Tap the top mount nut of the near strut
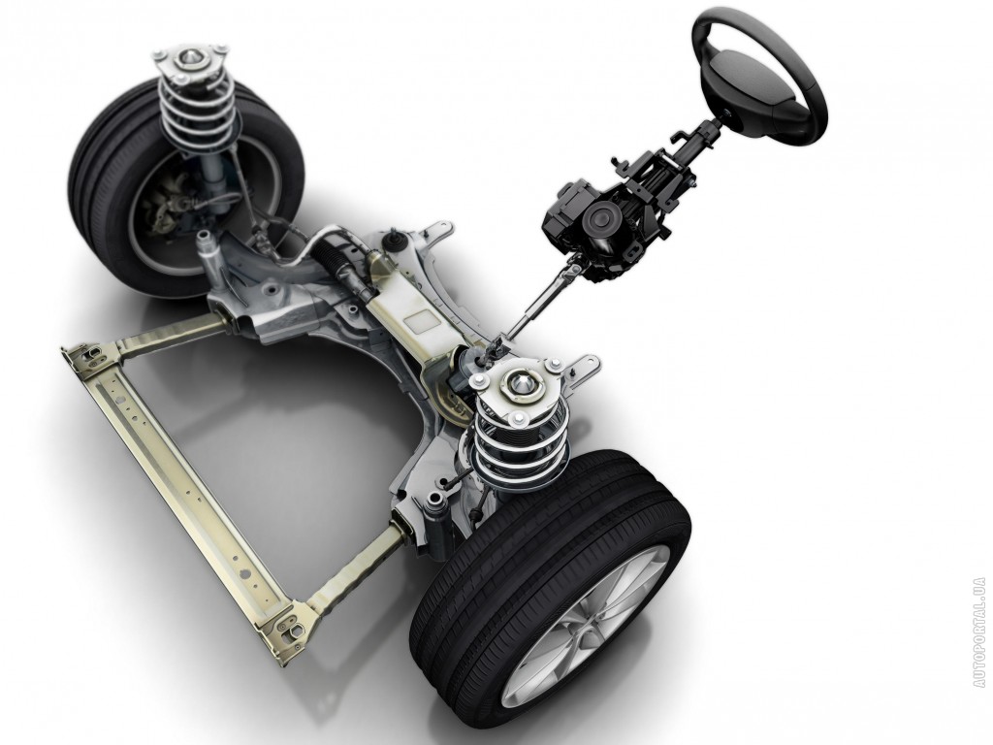(521, 382)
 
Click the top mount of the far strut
(189, 60)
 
